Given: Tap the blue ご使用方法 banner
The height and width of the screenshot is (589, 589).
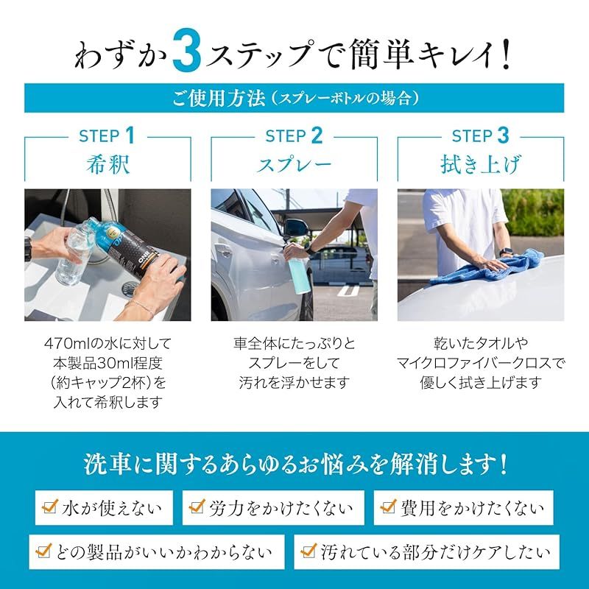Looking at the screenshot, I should pyautogui.click(x=294, y=98).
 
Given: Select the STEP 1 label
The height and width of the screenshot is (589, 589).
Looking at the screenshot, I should pyautogui.click(x=107, y=136).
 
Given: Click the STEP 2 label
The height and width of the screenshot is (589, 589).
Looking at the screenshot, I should pyautogui.click(x=294, y=136).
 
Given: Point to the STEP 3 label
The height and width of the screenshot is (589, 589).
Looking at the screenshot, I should pyautogui.click(x=481, y=136).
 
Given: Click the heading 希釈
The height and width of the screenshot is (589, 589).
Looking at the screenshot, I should pyautogui.click(x=107, y=164).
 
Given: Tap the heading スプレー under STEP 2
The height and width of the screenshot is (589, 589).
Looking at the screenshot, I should pyautogui.click(x=294, y=164).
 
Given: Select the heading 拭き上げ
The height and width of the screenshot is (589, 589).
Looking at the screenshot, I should pyautogui.click(x=481, y=164).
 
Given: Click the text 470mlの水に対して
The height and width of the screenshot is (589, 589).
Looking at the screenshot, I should pyautogui.click(x=107, y=343).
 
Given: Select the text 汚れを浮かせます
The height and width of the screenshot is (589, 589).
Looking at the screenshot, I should pyautogui.click(x=294, y=383).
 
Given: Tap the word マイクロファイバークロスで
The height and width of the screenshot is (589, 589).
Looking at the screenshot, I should pyautogui.click(x=481, y=363).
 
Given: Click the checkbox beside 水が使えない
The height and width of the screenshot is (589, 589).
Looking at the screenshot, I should pyautogui.click(x=50, y=507).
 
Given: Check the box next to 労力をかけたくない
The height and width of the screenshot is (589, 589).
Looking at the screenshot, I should pyautogui.click(x=197, y=507).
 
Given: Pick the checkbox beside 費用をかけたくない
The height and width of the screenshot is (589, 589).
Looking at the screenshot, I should pyautogui.click(x=389, y=507).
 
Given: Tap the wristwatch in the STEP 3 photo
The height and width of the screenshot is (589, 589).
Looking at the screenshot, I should pyautogui.click(x=504, y=253).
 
